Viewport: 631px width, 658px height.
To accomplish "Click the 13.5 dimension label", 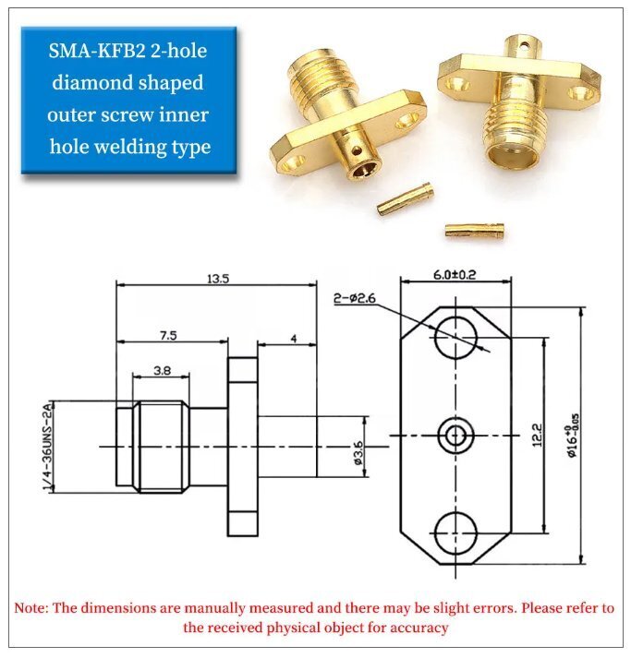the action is click(218, 279).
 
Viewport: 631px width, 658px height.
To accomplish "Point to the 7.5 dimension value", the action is click(168, 336).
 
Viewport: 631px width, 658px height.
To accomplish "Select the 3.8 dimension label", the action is click(163, 371).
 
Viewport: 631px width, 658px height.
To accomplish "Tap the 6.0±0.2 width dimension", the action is click(455, 275).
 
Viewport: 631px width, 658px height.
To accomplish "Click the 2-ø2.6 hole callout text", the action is click(355, 298).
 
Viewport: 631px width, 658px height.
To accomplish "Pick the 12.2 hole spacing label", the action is click(538, 436).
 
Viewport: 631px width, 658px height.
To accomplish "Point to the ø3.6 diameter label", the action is click(358, 452).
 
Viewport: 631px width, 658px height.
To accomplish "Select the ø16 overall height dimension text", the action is click(573, 437).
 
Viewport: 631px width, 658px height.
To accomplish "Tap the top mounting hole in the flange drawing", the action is click(455, 338).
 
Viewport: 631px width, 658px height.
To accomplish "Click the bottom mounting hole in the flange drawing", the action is click(455, 532).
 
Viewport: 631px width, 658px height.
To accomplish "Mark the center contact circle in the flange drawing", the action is click(455, 436).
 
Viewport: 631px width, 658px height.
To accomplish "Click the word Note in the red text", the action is click(30, 607).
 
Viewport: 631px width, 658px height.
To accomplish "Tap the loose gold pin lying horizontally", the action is click(474, 230).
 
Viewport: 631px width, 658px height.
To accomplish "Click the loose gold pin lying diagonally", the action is click(405, 198).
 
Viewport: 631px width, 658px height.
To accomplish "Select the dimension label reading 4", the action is click(294, 339).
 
